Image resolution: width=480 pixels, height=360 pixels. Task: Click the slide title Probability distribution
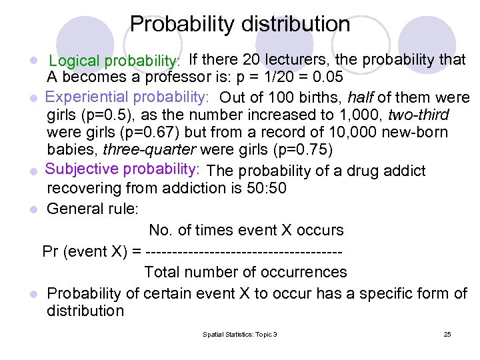click(x=240, y=25)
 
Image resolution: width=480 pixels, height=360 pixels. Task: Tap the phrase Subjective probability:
click(x=124, y=170)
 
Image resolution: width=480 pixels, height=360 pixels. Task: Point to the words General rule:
click(x=93, y=209)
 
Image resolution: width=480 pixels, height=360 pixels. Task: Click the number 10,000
click(x=319, y=133)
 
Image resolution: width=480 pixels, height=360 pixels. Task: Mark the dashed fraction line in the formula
click(x=243, y=251)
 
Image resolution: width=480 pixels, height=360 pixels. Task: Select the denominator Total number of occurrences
click(x=245, y=272)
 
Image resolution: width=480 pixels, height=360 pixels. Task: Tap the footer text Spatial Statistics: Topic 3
click(x=239, y=334)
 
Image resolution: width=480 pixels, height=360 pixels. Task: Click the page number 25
click(x=447, y=334)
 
